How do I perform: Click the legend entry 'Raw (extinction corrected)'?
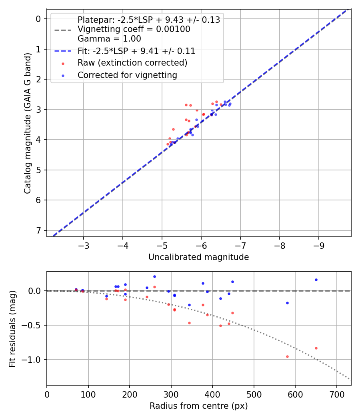coord(132,63)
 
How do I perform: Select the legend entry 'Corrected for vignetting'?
coord(127,75)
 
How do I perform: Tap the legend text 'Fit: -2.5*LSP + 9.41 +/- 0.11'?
coord(136,51)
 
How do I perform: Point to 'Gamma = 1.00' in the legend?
coord(109,39)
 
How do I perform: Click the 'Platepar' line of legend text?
coord(149,20)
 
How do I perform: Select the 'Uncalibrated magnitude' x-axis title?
coord(198,257)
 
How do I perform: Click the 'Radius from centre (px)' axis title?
coord(198,406)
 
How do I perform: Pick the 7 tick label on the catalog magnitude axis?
coord(38,230)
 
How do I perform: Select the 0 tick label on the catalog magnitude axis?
coord(38,19)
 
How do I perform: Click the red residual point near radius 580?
coord(287,356)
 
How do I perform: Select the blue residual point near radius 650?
coord(316,280)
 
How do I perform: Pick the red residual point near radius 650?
coord(316,348)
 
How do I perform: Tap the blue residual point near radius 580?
coord(287,303)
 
